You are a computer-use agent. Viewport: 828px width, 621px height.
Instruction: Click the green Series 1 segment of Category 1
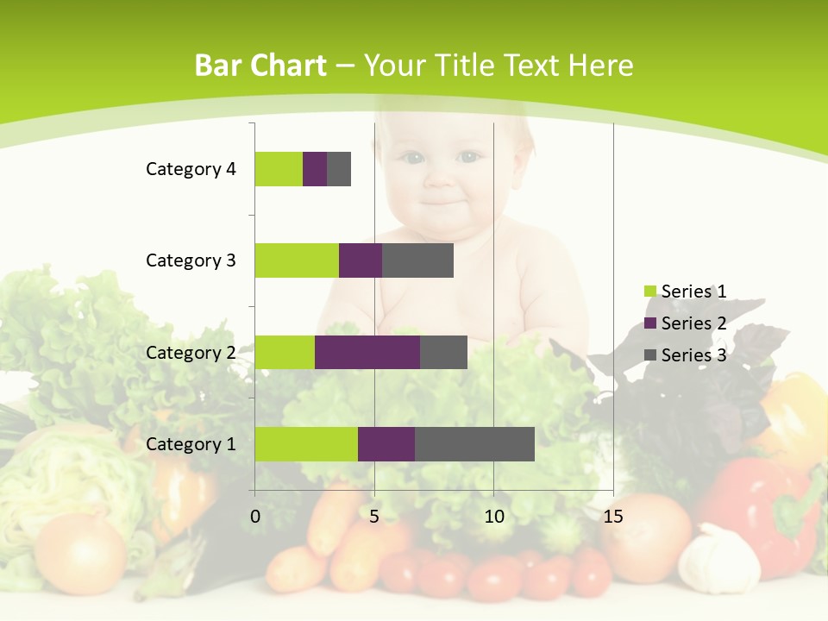pos(306,443)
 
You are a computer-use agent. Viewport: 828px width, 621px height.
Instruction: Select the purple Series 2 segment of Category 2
pos(367,352)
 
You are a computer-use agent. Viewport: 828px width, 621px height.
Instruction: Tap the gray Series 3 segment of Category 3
pos(417,260)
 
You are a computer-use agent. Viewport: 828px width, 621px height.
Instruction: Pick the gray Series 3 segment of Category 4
pos(339,169)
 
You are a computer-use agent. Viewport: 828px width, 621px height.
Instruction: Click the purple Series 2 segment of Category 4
pos(315,169)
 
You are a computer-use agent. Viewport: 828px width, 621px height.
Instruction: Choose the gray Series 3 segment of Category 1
pos(474,443)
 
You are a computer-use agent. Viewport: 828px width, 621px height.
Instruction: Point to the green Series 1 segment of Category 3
pos(297,260)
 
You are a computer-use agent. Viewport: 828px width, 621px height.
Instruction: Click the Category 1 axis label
pos(191,444)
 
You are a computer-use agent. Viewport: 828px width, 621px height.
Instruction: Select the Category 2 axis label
pos(191,353)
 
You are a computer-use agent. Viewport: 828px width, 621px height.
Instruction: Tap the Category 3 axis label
pos(191,260)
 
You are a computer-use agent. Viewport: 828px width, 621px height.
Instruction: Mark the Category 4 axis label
pos(191,169)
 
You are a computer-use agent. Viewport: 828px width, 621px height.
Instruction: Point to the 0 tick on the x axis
pos(255,517)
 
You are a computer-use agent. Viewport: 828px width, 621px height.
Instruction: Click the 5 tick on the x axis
pos(374,517)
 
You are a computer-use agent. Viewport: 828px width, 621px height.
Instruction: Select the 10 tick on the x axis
pos(493,517)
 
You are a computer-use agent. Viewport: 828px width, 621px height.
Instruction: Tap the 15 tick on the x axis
pos(612,517)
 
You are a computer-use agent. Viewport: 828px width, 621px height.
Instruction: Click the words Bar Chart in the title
pos(260,66)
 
